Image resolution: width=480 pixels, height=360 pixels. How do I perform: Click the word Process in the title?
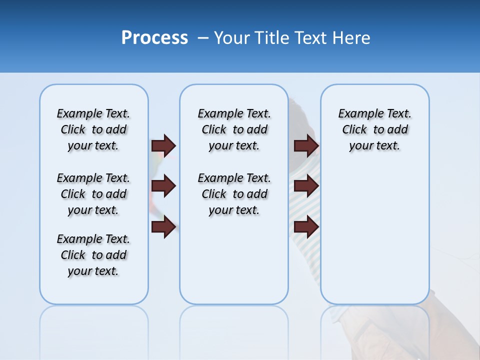click(154, 37)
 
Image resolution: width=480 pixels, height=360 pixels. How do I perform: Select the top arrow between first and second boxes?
click(163, 145)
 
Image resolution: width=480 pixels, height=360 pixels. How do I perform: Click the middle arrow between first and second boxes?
click(163, 186)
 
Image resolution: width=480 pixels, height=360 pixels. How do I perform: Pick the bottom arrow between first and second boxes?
click(163, 227)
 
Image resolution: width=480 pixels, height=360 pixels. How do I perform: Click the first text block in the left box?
click(93, 129)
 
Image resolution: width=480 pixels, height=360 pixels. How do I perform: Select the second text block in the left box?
click(93, 194)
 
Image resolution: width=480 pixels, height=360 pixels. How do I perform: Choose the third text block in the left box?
click(93, 255)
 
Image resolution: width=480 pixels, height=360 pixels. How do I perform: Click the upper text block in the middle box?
click(234, 129)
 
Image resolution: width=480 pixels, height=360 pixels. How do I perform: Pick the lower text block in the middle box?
click(234, 194)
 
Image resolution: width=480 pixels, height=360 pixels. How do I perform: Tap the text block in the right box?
click(374, 129)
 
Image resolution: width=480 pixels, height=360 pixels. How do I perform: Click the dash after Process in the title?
click(202, 38)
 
